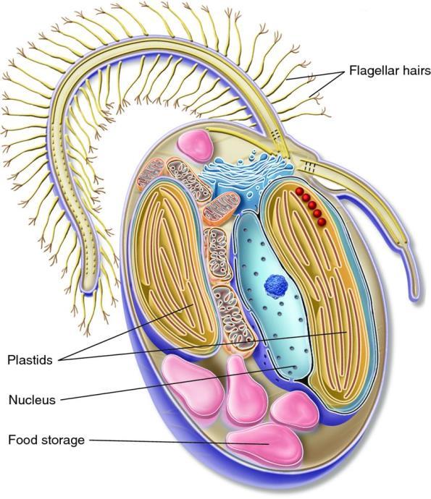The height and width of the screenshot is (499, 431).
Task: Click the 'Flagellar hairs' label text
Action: [390, 71]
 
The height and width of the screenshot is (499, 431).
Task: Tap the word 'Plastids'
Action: [30, 360]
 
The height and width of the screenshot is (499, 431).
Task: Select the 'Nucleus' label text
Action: [32, 400]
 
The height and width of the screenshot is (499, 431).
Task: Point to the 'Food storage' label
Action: [46, 440]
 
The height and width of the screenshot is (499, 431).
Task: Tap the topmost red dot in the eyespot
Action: [299, 191]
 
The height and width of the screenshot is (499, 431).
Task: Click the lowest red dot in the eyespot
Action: [322, 221]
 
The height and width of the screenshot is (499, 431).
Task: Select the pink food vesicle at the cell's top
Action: [195, 146]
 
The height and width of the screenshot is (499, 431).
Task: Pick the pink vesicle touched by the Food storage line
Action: [264, 443]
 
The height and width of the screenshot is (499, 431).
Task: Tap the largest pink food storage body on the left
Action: [193, 385]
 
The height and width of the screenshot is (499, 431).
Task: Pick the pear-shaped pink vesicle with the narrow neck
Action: [245, 391]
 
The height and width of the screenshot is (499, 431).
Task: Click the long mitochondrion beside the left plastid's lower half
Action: [234, 318]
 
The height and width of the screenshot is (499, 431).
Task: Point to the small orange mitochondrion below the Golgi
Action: [221, 208]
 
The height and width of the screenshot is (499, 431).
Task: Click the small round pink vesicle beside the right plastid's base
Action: [295, 410]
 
